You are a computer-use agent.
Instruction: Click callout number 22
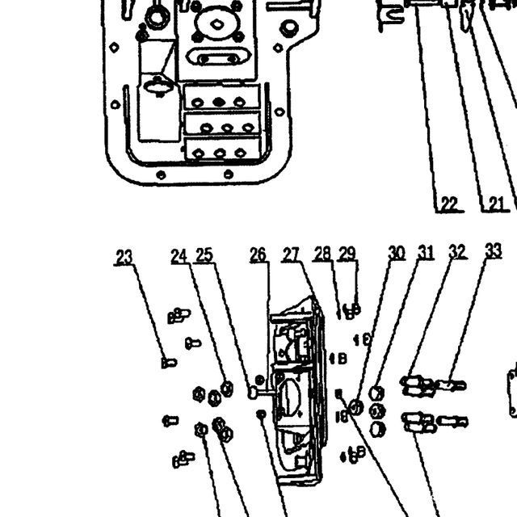coord(449,204)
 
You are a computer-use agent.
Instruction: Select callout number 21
coord(496,204)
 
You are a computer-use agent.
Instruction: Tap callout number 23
coord(124,257)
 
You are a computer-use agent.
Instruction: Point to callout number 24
coord(179,256)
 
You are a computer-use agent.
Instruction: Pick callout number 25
coord(204,255)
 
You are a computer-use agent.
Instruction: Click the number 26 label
coord(258,254)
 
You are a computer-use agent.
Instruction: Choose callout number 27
coord(291,254)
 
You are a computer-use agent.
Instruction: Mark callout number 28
coord(322,253)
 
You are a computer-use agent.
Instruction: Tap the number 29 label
coord(347,253)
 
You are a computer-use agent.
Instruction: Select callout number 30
coord(397,253)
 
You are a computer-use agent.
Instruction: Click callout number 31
coord(426,252)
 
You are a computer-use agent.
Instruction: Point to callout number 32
coord(458,251)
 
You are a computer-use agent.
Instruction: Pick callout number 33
coord(494,251)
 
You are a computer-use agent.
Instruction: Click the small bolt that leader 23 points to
coord(169,363)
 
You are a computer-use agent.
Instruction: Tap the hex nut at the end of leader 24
coord(227,389)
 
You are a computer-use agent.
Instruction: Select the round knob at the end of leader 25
coord(253,393)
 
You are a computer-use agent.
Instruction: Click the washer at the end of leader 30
coord(356,407)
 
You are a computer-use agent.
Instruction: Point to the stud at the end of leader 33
coord(451,385)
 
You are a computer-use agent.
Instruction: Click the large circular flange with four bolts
coord(216,23)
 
